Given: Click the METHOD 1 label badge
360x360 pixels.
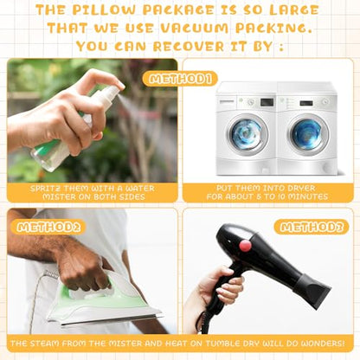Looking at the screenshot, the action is (x=180, y=79).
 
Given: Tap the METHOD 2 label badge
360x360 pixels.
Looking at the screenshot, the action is (x=48, y=228).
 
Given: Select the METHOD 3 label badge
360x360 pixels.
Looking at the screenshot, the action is (x=312, y=227).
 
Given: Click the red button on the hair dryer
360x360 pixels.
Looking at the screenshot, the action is (x=245, y=245).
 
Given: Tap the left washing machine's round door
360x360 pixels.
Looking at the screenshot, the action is (x=247, y=135).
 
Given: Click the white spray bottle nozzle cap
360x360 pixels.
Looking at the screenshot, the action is (x=110, y=93).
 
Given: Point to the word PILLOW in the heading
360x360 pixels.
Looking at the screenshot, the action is (x=104, y=10).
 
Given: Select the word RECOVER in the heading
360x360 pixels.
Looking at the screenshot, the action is (x=189, y=47).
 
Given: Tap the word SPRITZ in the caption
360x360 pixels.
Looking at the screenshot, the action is (x=46, y=189).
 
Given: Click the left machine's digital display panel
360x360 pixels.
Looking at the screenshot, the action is (x=267, y=102).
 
